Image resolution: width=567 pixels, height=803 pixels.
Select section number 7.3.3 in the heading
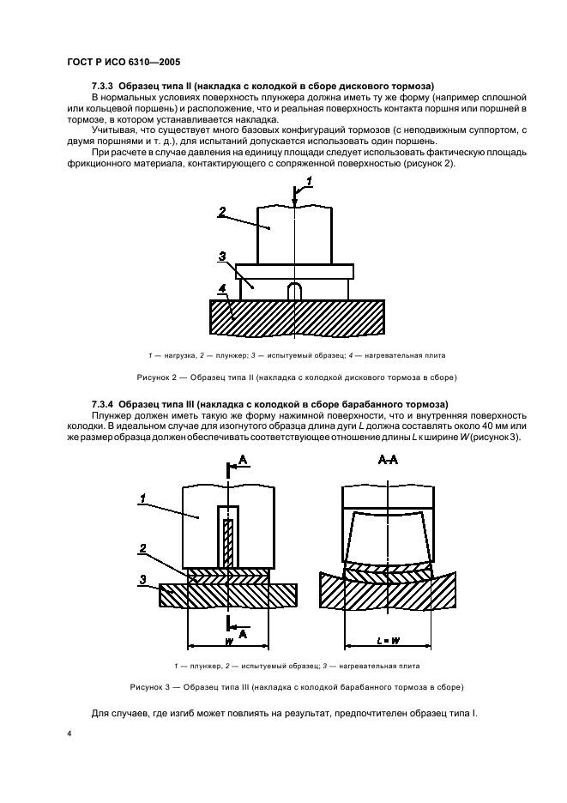pyautogui.click(x=102, y=86)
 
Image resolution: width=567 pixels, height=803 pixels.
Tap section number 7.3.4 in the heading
pyautogui.click(x=102, y=403)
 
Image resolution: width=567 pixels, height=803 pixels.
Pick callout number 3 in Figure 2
pyautogui.click(x=221, y=256)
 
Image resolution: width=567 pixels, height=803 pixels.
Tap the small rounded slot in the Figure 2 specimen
pyautogui.click(x=293, y=291)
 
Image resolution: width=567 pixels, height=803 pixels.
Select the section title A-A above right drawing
pyautogui.click(x=388, y=460)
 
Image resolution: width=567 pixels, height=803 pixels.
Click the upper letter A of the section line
pyautogui.click(x=243, y=462)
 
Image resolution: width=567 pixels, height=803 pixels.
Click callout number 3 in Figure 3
pyautogui.click(x=144, y=580)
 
